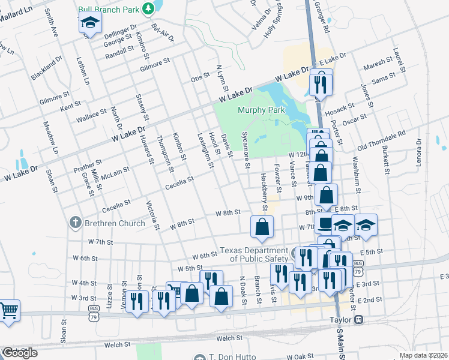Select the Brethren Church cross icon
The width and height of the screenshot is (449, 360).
pyautogui.click(x=76, y=223)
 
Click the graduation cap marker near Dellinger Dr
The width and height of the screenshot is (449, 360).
pyautogui.click(x=90, y=23)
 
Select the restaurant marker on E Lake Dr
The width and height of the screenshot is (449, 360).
pyautogui.click(x=320, y=83)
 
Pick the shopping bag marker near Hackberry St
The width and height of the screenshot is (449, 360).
pyautogui.click(x=262, y=227)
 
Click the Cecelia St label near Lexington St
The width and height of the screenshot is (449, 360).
pyautogui.click(x=179, y=180)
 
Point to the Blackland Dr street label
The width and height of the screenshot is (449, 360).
pyautogui.click(x=47, y=69)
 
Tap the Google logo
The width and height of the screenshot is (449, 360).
pyautogui.click(x=19, y=353)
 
